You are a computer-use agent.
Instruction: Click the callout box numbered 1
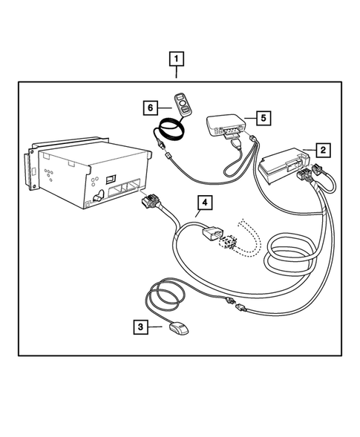coord(177,58)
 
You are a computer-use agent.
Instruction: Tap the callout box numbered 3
coord(139,325)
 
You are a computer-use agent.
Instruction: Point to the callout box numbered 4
coord(200,202)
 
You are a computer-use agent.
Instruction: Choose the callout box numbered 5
coord(262,116)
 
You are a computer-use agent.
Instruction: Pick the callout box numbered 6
coord(151,108)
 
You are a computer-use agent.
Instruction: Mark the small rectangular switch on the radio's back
coord(111,178)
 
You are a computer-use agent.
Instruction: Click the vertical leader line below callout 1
coord(177,73)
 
